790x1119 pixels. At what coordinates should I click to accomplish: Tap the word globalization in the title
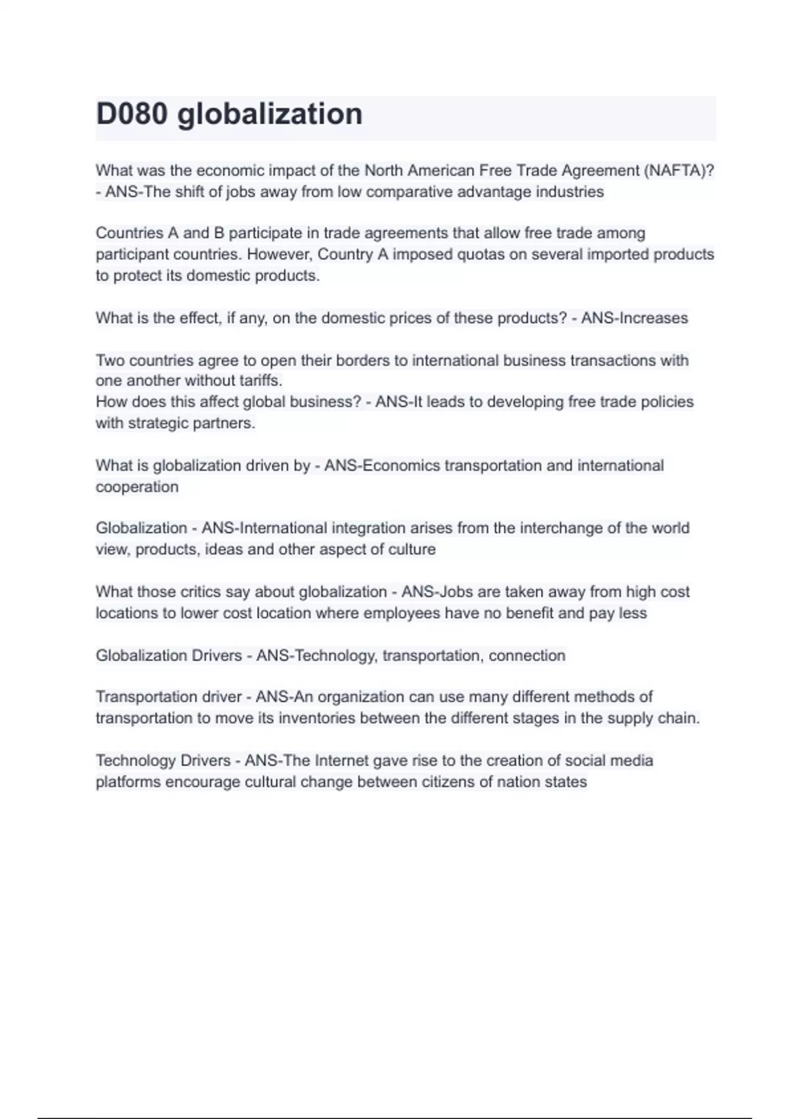coord(270,114)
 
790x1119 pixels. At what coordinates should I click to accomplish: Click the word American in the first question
coord(440,170)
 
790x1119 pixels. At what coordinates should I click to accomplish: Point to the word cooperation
coord(137,487)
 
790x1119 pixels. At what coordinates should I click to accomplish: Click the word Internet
coord(342,761)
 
